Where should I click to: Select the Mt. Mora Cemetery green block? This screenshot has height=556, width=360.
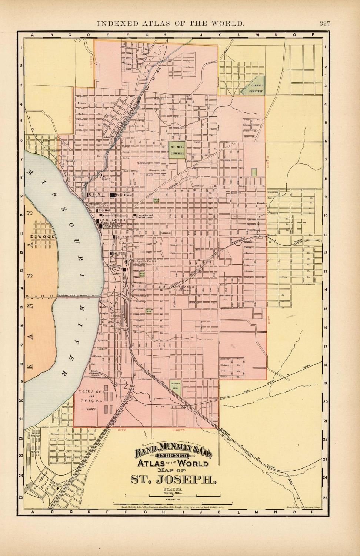177,150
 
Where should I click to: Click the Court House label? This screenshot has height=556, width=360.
124,194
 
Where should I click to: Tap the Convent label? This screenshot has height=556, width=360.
166,233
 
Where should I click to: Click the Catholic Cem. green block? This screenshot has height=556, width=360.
175,386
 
